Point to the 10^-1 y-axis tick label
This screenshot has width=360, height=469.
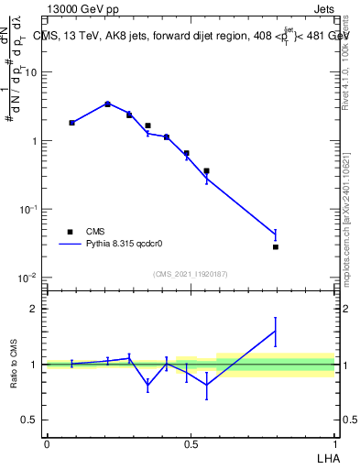point(27,210)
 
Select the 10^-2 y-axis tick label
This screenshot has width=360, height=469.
point(27,278)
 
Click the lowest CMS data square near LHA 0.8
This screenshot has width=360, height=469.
point(275,247)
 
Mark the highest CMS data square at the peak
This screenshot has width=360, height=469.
point(108,104)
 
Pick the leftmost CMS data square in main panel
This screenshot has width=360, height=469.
point(71,122)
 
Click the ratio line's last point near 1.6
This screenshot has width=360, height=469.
point(275,331)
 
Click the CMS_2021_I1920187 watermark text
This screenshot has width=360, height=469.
point(190,274)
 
